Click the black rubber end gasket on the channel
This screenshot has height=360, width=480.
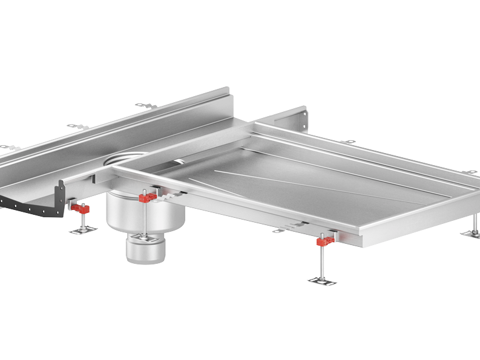coord(36,206)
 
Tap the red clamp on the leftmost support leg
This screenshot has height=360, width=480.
coord(79,209)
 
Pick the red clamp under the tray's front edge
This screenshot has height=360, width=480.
coord(325,241)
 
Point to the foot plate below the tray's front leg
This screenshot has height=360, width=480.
coord(322,280)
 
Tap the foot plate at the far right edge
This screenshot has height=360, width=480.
coord(470,234)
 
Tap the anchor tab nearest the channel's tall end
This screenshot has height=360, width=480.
coord(146,106)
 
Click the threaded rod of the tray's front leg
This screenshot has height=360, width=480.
coord(323,260)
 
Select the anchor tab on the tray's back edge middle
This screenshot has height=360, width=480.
coord(347,142)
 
